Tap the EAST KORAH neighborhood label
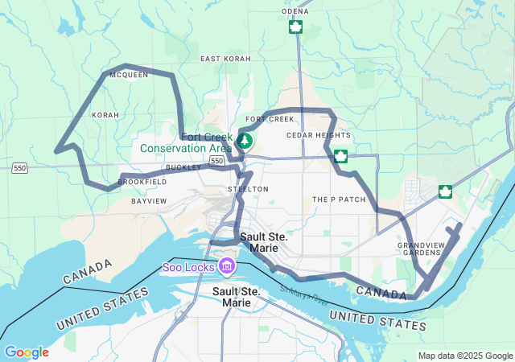pos(226,59)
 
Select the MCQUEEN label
pos(129,75)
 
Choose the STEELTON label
pos(248,188)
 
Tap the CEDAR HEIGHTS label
pos(319,135)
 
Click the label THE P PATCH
pos(333,199)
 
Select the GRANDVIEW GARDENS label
pos(419,248)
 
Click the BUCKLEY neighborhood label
pos(183,167)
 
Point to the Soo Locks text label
pos(188,266)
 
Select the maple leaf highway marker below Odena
pos(295,27)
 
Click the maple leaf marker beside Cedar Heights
pos(341,155)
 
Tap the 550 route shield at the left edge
pos(20,168)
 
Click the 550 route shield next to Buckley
pos(216,162)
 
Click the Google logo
pos(26,352)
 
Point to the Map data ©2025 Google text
pos(464,356)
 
